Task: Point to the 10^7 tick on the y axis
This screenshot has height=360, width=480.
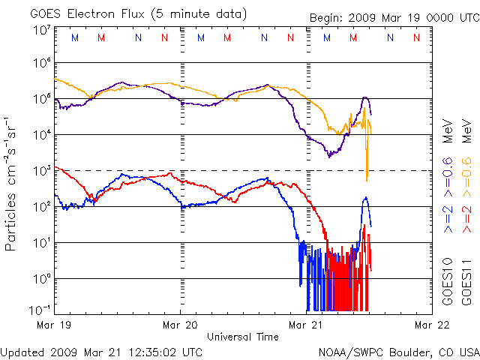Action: coord(42,29)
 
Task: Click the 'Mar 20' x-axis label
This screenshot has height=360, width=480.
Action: coord(180,325)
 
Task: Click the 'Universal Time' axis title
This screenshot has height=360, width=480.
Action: coord(243,337)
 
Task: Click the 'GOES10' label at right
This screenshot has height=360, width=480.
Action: coord(448,285)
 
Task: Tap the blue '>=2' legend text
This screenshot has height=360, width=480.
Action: coord(448,216)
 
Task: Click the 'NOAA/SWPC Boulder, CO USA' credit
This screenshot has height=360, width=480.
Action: coord(397,352)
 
